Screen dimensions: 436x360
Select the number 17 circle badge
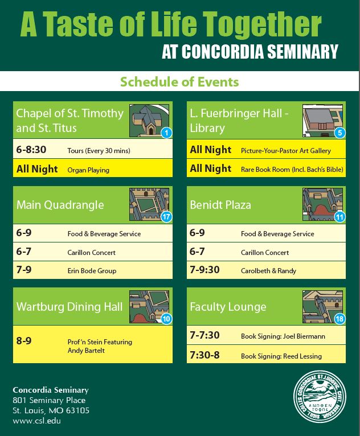[x=166, y=216]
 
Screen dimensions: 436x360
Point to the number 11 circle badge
[x=340, y=216]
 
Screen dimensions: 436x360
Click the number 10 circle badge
[x=166, y=319]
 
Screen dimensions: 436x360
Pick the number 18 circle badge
[x=340, y=319]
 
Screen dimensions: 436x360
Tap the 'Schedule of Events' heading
[x=179, y=82]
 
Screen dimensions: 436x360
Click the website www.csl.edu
[x=36, y=421]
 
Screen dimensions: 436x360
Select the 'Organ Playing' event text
[x=88, y=170]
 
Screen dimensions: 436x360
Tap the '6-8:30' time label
[x=31, y=150]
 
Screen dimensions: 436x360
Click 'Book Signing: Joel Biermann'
[x=283, y=336]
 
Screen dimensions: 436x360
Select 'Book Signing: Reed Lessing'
[x=281, y=356]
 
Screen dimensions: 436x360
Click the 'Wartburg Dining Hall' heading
[x=69, y=307]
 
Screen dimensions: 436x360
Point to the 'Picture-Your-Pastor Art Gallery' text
[x=286, y=151]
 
